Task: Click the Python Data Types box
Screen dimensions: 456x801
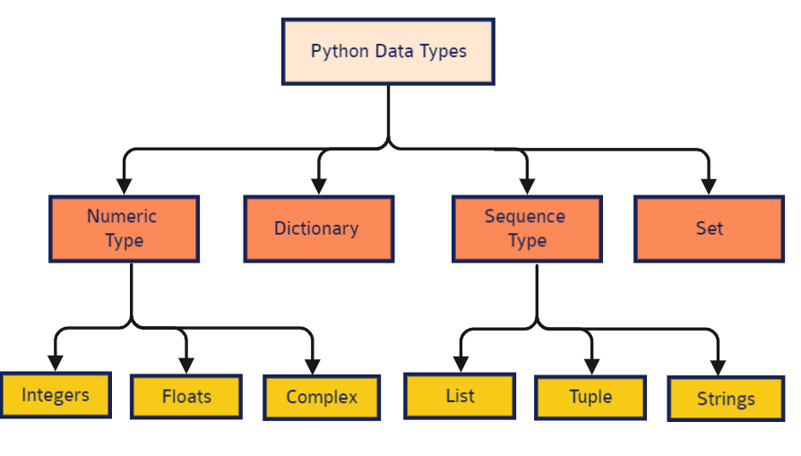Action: [x=388, y=51]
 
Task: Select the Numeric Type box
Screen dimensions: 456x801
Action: [x=123, y=228]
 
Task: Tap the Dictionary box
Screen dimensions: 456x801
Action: [x=318, y=228]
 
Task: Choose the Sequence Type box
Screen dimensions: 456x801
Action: [x=526, y=228]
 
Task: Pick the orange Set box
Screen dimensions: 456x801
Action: [x=709, y=228]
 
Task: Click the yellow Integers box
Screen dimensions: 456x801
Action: [x=55, y=394]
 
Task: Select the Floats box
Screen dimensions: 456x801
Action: [x=186, y=396]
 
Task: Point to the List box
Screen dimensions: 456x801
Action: [x=460, y=395]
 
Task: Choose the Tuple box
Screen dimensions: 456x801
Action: [x=590, y=397]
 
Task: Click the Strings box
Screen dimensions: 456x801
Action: [x=725, y=399]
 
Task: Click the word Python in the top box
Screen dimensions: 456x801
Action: [x=333, y=51]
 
